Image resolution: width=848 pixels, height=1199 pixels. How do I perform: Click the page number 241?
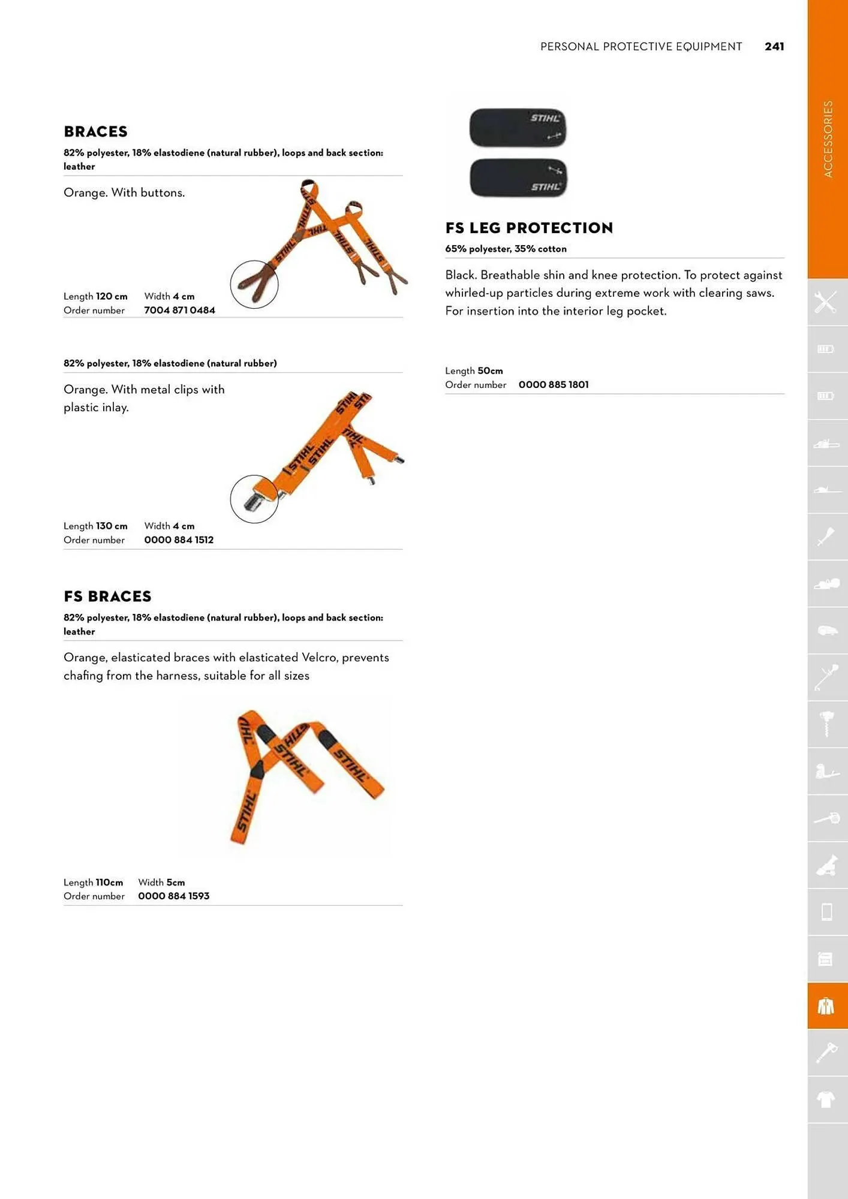[774, 47]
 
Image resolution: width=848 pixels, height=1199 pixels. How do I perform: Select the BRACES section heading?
[95, 132]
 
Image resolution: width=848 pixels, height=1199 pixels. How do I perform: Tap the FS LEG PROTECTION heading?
[529, 228]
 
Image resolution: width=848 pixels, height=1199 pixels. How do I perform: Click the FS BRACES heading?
[107, 597]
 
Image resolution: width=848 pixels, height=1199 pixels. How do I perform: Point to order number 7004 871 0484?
[179, 311]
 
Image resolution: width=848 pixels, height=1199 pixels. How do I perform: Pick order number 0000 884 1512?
[179, 540]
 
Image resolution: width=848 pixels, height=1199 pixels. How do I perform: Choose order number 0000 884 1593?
[173, 896]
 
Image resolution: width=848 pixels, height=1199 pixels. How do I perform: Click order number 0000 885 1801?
[554, 385]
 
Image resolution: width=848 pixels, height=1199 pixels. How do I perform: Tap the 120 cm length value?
[112, 297]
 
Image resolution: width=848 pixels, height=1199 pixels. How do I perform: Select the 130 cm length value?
[112, 526]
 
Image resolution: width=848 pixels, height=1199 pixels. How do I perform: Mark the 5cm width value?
[176, 882]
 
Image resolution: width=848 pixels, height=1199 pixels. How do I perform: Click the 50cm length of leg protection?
[490, 371]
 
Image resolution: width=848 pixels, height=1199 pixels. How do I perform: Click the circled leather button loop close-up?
[254, 285]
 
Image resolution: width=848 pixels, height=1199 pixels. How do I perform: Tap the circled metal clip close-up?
[254, 499]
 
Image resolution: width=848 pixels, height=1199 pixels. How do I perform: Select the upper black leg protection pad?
[518, 128]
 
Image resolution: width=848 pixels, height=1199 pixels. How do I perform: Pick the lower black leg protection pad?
[518, 178]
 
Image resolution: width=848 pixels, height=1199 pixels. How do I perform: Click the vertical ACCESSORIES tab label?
[828, 139]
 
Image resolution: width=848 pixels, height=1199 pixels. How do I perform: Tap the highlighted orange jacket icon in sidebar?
[826, 1006]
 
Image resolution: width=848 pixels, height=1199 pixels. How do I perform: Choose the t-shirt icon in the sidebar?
[826, 1099]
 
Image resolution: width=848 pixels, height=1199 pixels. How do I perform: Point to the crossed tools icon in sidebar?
[826, 302]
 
